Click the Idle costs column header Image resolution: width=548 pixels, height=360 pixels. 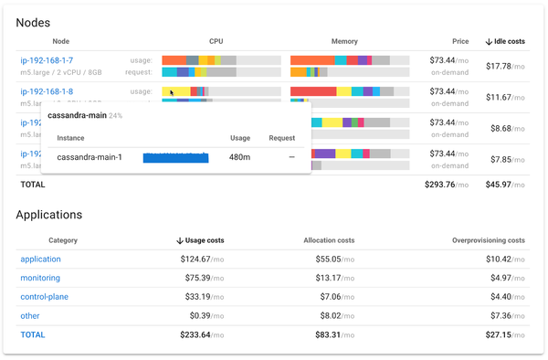tap(505, 41)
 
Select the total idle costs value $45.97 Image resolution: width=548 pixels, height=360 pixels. tap(504, 184)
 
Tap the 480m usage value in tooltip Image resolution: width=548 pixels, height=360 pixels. tap(239, 158)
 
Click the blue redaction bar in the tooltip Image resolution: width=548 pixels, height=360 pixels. tap(175, 158)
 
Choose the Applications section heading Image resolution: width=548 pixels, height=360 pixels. tap(62, 215)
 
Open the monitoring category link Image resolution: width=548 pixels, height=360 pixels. tap(40, 278)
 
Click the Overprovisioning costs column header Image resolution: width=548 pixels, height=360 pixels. tap(488, 240)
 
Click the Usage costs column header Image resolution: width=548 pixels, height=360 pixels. tap(200, 240)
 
